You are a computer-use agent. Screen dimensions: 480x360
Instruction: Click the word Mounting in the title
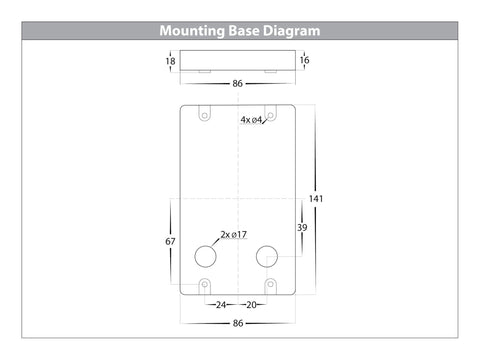(192, 31)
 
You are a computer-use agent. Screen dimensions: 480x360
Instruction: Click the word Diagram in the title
(291, 31)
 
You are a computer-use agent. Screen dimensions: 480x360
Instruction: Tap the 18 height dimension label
(170, 61)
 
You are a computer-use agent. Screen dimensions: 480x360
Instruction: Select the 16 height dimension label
(304, 60)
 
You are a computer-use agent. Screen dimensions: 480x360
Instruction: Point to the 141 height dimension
(316, 199)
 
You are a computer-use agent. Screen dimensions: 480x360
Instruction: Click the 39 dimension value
(302, 228)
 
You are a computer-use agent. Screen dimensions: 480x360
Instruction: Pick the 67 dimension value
(170, 241)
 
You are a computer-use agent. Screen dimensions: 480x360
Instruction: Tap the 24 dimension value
(221, 305)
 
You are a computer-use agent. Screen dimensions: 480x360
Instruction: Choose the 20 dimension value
(251, 305)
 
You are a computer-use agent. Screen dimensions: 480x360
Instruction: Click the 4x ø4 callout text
(251, 120)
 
